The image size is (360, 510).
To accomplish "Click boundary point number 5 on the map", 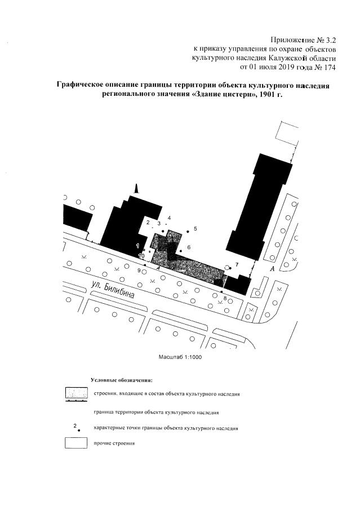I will (188, 231).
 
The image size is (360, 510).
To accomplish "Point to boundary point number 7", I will (230, 268).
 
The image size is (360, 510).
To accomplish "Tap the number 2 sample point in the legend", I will (78, 429).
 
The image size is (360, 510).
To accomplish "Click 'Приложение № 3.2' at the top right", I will (303, 39).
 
